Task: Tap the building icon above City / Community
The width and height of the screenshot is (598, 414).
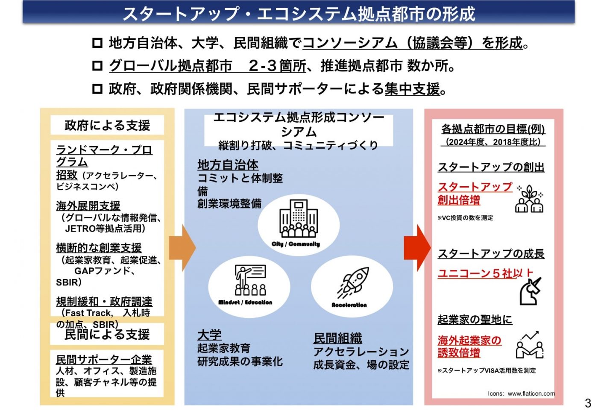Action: pos(299,218)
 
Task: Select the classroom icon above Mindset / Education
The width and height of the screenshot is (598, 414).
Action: pos(250,280)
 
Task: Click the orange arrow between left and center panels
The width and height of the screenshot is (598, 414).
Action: pos(182,247)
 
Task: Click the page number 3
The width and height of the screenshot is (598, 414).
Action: pos(588,402)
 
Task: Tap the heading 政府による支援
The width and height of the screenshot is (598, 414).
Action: pos(107,125)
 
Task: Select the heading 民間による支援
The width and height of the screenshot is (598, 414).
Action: pos(107,335)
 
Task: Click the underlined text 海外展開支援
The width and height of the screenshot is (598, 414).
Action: pos(88,206)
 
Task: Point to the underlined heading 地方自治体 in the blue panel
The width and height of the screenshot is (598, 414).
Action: pos(228,165)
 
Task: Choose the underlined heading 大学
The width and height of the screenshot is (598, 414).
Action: pos(209,335)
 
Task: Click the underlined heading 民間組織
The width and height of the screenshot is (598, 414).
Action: pos(337,338)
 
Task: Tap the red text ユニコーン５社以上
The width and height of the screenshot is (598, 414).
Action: pos(485,273)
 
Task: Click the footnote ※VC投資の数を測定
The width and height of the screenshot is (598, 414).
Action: pos(465,218)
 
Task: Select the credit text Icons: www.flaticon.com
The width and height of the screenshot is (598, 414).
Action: pos(521,393)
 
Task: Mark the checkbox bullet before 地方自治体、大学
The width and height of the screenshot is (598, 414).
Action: pos(97,43)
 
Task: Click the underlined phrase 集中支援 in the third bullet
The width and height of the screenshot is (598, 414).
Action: pos(412,89)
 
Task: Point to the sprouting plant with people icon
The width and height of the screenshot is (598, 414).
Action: pos(529,199)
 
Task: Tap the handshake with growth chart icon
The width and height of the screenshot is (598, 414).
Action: pos(529,345)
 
